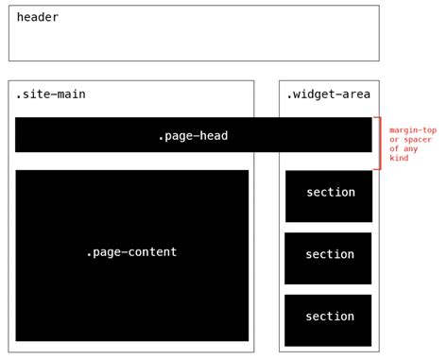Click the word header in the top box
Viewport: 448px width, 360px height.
[38, 17]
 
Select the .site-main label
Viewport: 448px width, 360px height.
[50, 94]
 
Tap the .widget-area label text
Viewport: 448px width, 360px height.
[330, 94]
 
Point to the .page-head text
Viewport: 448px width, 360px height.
[193, 136]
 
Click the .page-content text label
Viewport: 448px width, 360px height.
[131, 251]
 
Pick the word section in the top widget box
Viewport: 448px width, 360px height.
[330, 192]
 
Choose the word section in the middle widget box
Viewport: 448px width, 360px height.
[330, 254]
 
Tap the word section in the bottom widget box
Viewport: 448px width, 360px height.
[330, 316]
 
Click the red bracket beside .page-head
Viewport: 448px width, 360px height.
[379, 143]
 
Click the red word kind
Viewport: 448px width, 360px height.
[399, 158]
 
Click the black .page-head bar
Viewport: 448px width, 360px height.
[95, 135]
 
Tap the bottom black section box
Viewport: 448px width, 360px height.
[328, 333]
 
